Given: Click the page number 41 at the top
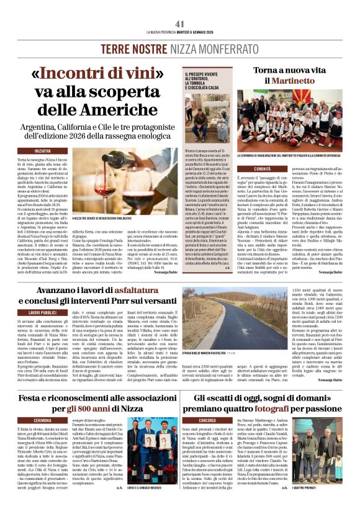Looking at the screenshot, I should tap(180, 23).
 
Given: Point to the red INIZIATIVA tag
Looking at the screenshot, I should tap(43, 151).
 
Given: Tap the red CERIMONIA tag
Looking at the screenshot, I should tap(43, 420).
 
